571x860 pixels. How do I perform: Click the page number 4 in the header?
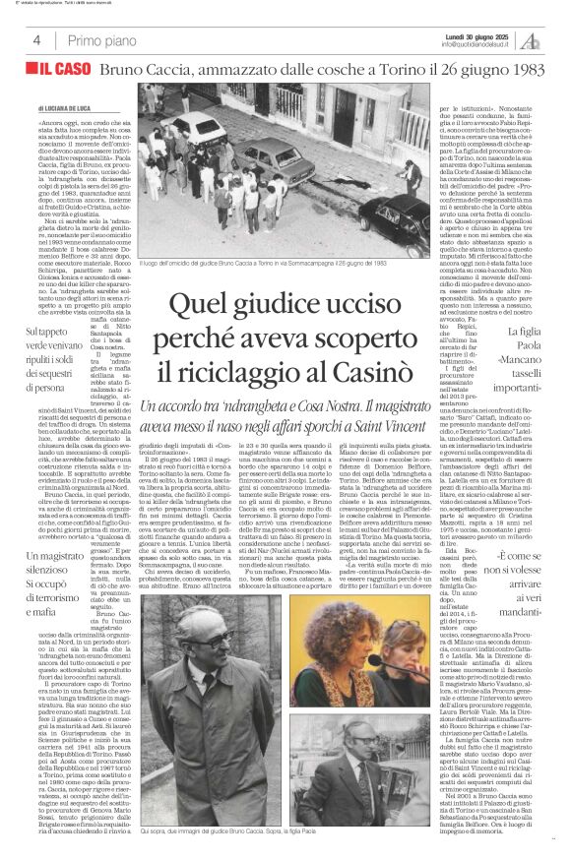pyautogui.click(x=36, y=40)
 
